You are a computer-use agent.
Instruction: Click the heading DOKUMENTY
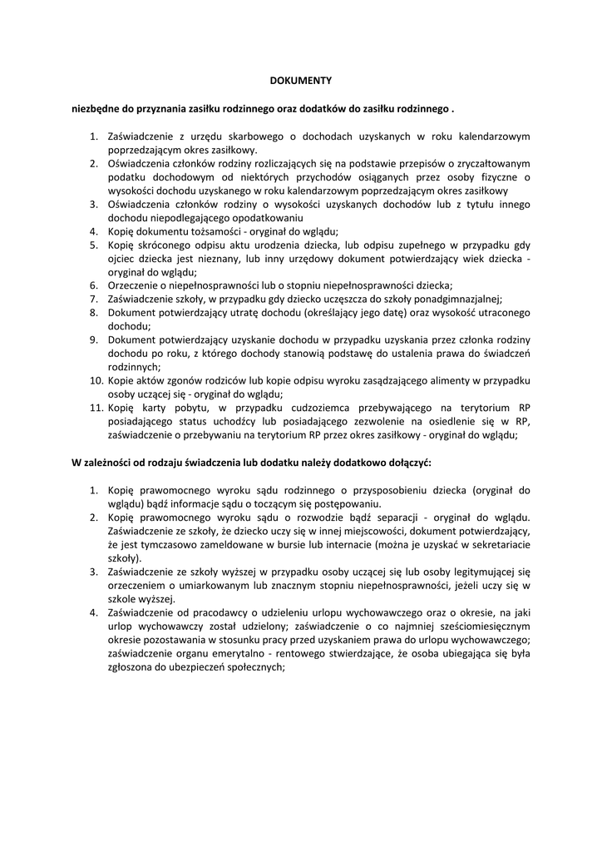pyautogui.click(x=301, y=81)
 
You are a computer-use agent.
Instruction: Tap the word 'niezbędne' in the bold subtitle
pyautogui.click(x=95, y=109)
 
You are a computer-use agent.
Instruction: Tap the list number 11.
pyautogui.click(x=91, y=408)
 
